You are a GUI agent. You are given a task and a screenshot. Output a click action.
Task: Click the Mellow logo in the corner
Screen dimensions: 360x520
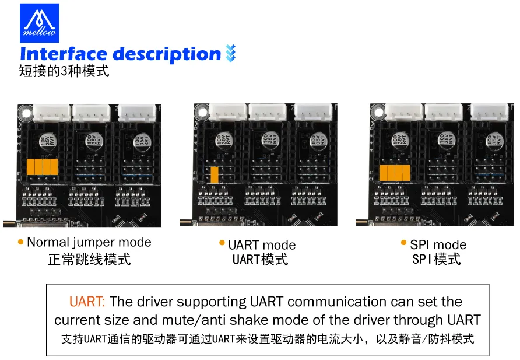(39, 22)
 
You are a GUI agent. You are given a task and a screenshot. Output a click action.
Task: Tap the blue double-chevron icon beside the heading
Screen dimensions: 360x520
(230, 54)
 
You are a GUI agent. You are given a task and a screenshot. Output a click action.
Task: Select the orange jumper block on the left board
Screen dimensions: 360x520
(43, 166)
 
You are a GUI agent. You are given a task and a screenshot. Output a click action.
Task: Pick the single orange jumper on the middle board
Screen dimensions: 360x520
(215, 174)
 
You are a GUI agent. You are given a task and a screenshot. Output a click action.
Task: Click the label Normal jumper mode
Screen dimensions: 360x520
(89, 242)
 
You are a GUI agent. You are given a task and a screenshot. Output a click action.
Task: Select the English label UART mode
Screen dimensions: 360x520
(262, 245)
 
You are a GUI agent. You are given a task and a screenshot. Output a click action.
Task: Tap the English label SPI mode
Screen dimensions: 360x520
(438, 244)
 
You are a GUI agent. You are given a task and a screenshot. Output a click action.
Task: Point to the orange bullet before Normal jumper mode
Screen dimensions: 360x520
(21, 242)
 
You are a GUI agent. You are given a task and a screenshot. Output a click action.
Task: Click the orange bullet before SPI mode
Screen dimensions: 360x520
(404, 243)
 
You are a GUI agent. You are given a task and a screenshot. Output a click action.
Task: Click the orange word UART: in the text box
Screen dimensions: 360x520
(87, 302)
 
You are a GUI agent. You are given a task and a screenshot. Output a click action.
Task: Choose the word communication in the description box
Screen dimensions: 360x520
(336, 302)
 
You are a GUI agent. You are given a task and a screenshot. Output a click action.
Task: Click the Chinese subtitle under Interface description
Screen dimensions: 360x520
(64, 72)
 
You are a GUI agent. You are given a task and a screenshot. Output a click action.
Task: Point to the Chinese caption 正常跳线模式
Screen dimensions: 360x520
(89, 259)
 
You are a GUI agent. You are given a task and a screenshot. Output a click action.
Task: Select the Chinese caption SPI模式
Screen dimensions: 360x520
(436, 259)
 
